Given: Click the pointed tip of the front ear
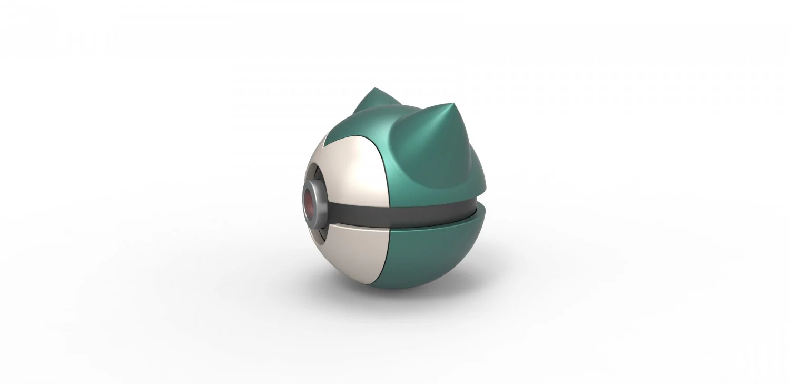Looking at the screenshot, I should point(453,104).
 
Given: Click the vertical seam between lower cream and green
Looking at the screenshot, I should point(388,258).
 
